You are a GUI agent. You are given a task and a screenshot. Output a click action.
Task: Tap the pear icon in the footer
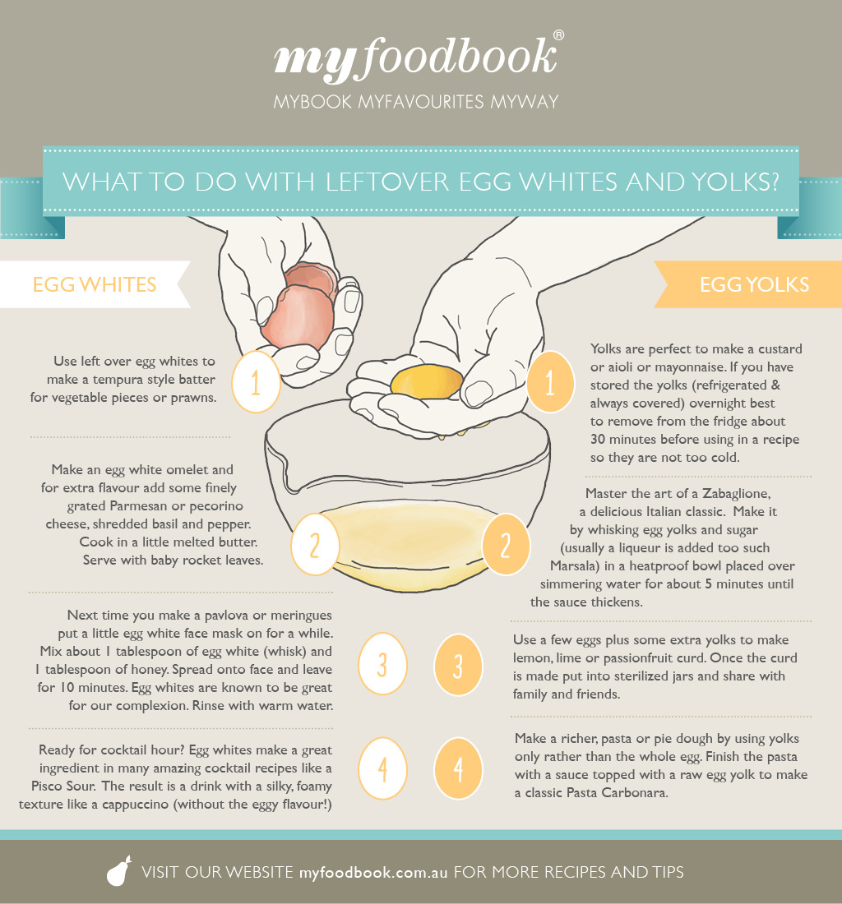coord(119,870)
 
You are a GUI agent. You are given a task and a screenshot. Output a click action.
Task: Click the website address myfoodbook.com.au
coord(373,872)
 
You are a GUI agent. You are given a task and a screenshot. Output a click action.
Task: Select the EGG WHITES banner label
coord(95,285)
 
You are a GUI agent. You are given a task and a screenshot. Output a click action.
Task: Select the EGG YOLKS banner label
coord(754,285)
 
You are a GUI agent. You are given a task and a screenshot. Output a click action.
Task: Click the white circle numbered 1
coord(256,381)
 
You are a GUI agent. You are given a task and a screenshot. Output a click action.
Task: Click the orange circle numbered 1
coord(550,381)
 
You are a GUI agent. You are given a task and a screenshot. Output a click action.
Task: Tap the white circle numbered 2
coord(315,544)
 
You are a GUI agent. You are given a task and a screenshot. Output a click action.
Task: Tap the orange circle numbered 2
coord(505,544)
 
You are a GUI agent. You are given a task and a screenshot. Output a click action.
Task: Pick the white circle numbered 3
coord(382,664)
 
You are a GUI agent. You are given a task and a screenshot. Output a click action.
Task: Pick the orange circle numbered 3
coord(458,665)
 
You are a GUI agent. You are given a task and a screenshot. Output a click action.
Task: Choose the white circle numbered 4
coord(382,768)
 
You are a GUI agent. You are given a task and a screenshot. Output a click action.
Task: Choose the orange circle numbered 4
coord(458,768)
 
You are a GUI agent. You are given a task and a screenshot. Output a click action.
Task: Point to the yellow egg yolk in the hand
coord(427,381)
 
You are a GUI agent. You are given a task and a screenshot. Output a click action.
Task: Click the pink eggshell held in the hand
coord(298,306)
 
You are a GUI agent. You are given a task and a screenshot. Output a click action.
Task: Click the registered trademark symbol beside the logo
coord(558,35)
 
